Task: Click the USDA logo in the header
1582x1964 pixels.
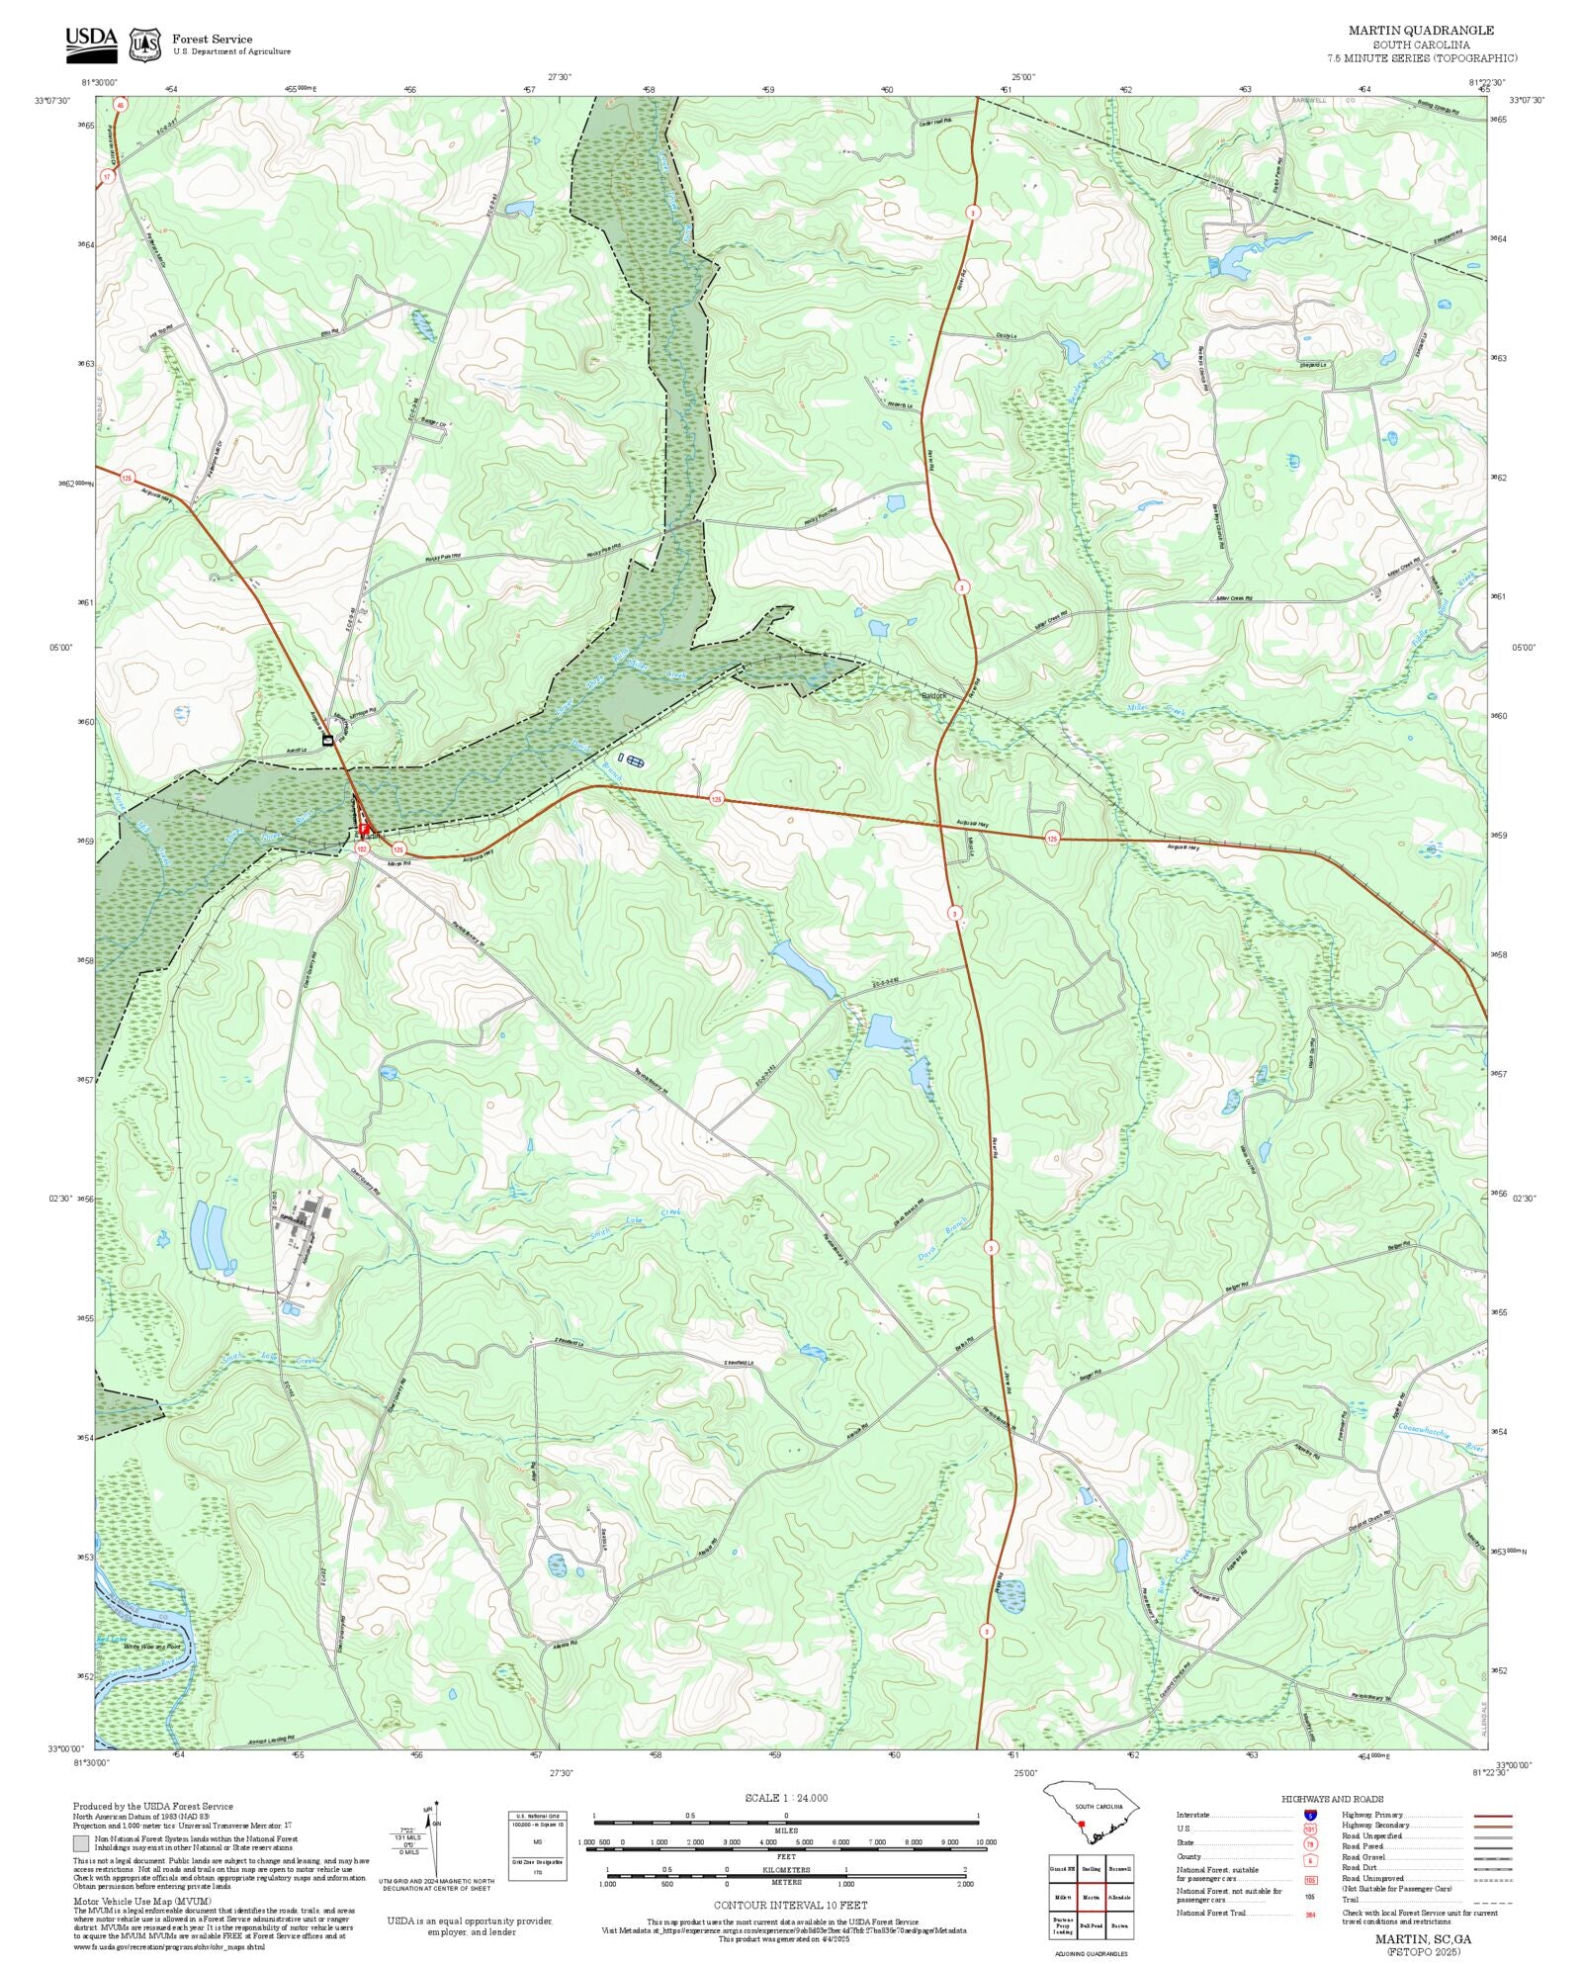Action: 91,45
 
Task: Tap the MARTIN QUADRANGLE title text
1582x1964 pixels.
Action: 1421,31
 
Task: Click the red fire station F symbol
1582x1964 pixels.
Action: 364,829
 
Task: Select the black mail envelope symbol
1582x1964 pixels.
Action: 327,740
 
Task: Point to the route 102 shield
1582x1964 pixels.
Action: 362,848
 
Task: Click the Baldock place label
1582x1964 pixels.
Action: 933,695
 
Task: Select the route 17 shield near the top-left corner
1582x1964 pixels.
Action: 107,176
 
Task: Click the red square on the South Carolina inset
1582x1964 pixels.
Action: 1082,1826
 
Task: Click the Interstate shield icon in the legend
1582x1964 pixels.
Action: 1310,1816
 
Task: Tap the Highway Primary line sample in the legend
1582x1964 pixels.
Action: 1493,1816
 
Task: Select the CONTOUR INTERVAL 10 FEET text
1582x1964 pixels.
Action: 790,1905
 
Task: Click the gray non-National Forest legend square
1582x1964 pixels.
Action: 80,1842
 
